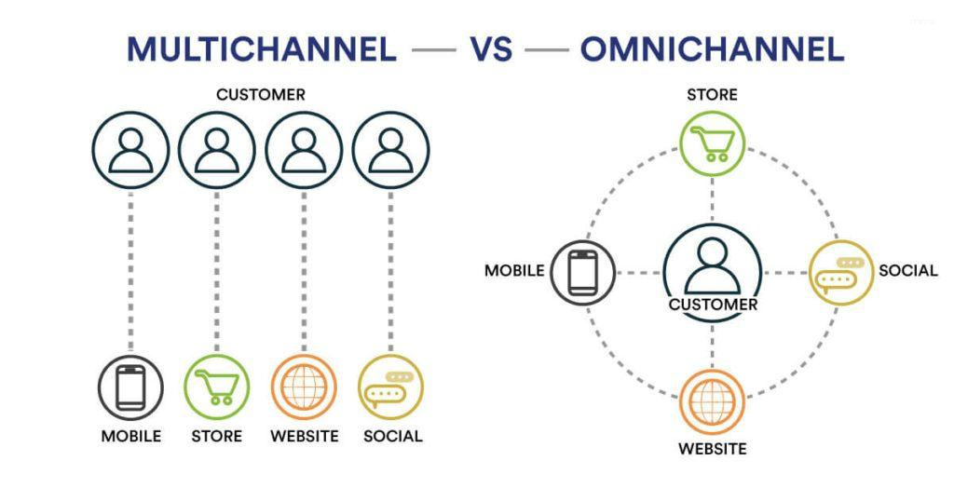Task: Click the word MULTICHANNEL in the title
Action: [x=261, y=48]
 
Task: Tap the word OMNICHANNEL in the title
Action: [x=712, y=48]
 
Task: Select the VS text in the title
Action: [x=490, y=48]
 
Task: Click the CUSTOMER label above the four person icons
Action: [x=260, y=95]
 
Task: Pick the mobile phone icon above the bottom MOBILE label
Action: [x=130, y=387]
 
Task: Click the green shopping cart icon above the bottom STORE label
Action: [x=217, y=387]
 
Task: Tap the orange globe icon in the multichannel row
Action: [x=304, y=387]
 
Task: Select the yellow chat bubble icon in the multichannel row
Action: [x=390, y=387]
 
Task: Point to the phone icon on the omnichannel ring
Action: [x=582, y=273]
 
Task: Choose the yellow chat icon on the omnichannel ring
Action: [x=840, y=273]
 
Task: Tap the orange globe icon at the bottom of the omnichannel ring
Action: [x=712, y=401]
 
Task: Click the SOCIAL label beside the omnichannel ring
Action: [x=907, y=271]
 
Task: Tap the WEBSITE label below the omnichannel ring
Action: [x=712, y=449]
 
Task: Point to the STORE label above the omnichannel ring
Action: [x=712, y=95]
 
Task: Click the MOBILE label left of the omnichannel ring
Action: [x=513, y=271]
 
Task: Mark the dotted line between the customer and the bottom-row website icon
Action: [x=304, y=270]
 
